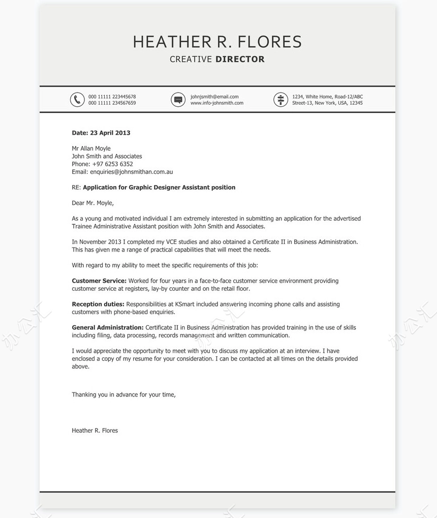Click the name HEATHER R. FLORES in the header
point(217,42)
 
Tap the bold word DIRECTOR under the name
point(240,59)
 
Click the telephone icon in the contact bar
point(77,100)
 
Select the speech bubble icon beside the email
point(178,100)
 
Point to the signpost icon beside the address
point(280,100)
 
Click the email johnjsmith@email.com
point(214,97)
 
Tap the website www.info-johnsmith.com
point(216,103)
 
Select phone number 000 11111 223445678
point(112,97)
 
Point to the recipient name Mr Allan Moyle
point(91,148)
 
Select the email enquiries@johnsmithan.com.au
point(131,172)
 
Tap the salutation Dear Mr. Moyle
point(92,203)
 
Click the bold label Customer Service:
point(99,281)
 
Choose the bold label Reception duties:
point(98,304)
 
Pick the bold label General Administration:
point(108,327)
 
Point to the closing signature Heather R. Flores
point(95,431)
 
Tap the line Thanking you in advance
point(123,394)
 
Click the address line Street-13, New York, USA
point(327,103)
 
